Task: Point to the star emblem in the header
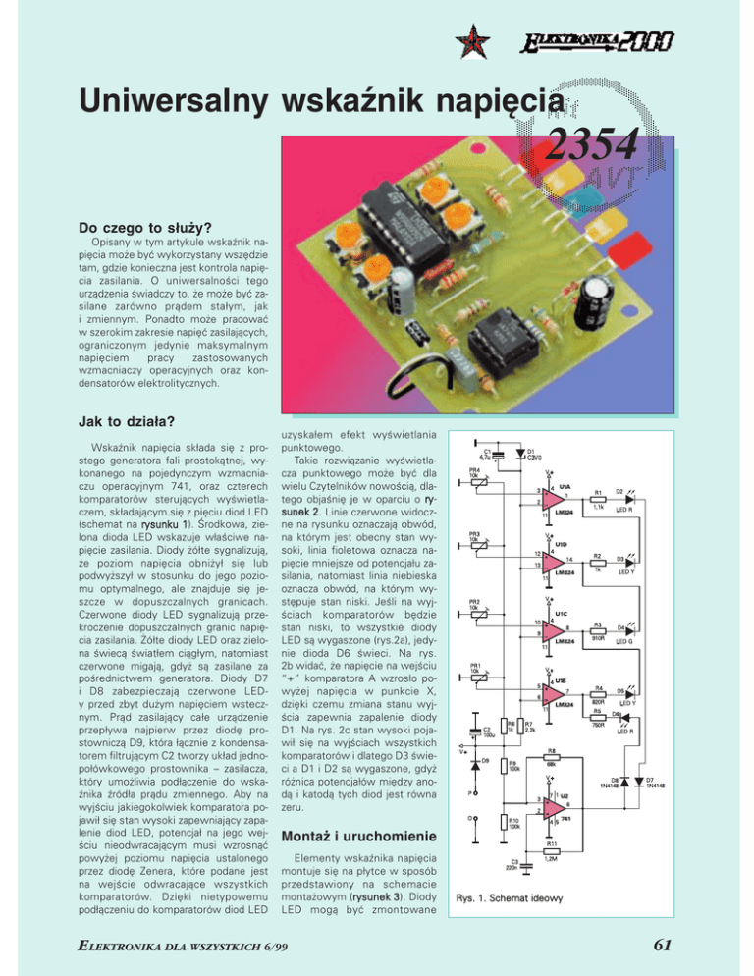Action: point(471,40)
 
